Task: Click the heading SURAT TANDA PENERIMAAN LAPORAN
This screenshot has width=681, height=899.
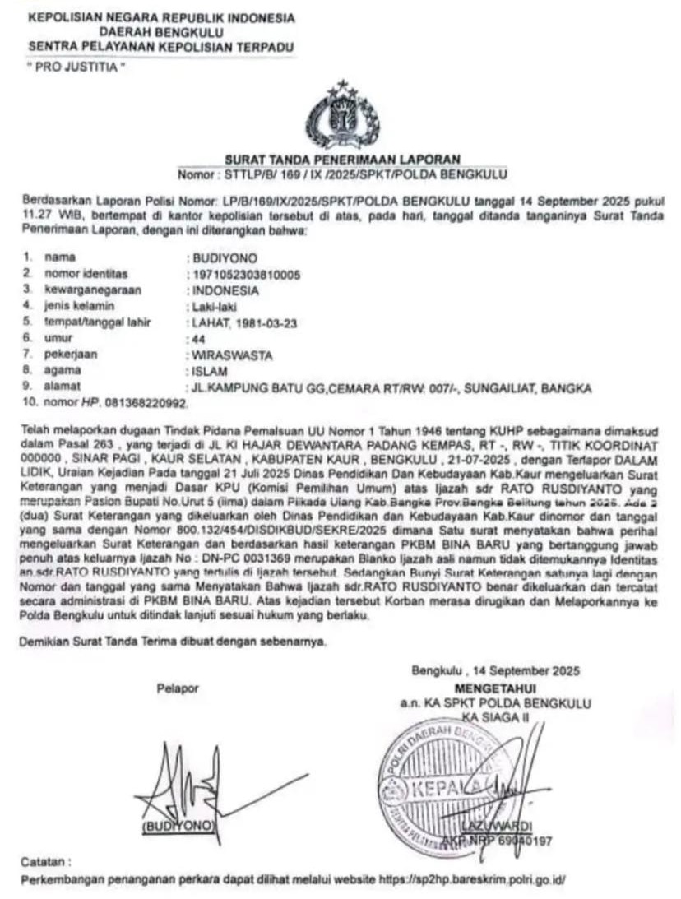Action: [x=341, y=160]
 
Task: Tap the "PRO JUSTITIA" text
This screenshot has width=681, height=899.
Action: [x=75, y=67]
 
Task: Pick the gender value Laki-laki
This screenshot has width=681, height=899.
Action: [x=212, y=307]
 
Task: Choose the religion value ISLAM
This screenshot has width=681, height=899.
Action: [x=206, y=371]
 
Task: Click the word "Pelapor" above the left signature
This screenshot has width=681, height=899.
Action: [x=178, y=688]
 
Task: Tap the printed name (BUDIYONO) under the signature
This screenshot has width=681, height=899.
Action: [x=178, y=824]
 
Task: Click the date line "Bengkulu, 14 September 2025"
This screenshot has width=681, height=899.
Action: [x=496, y=670]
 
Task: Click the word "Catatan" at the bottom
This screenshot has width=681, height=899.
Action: [x=46, y=862]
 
